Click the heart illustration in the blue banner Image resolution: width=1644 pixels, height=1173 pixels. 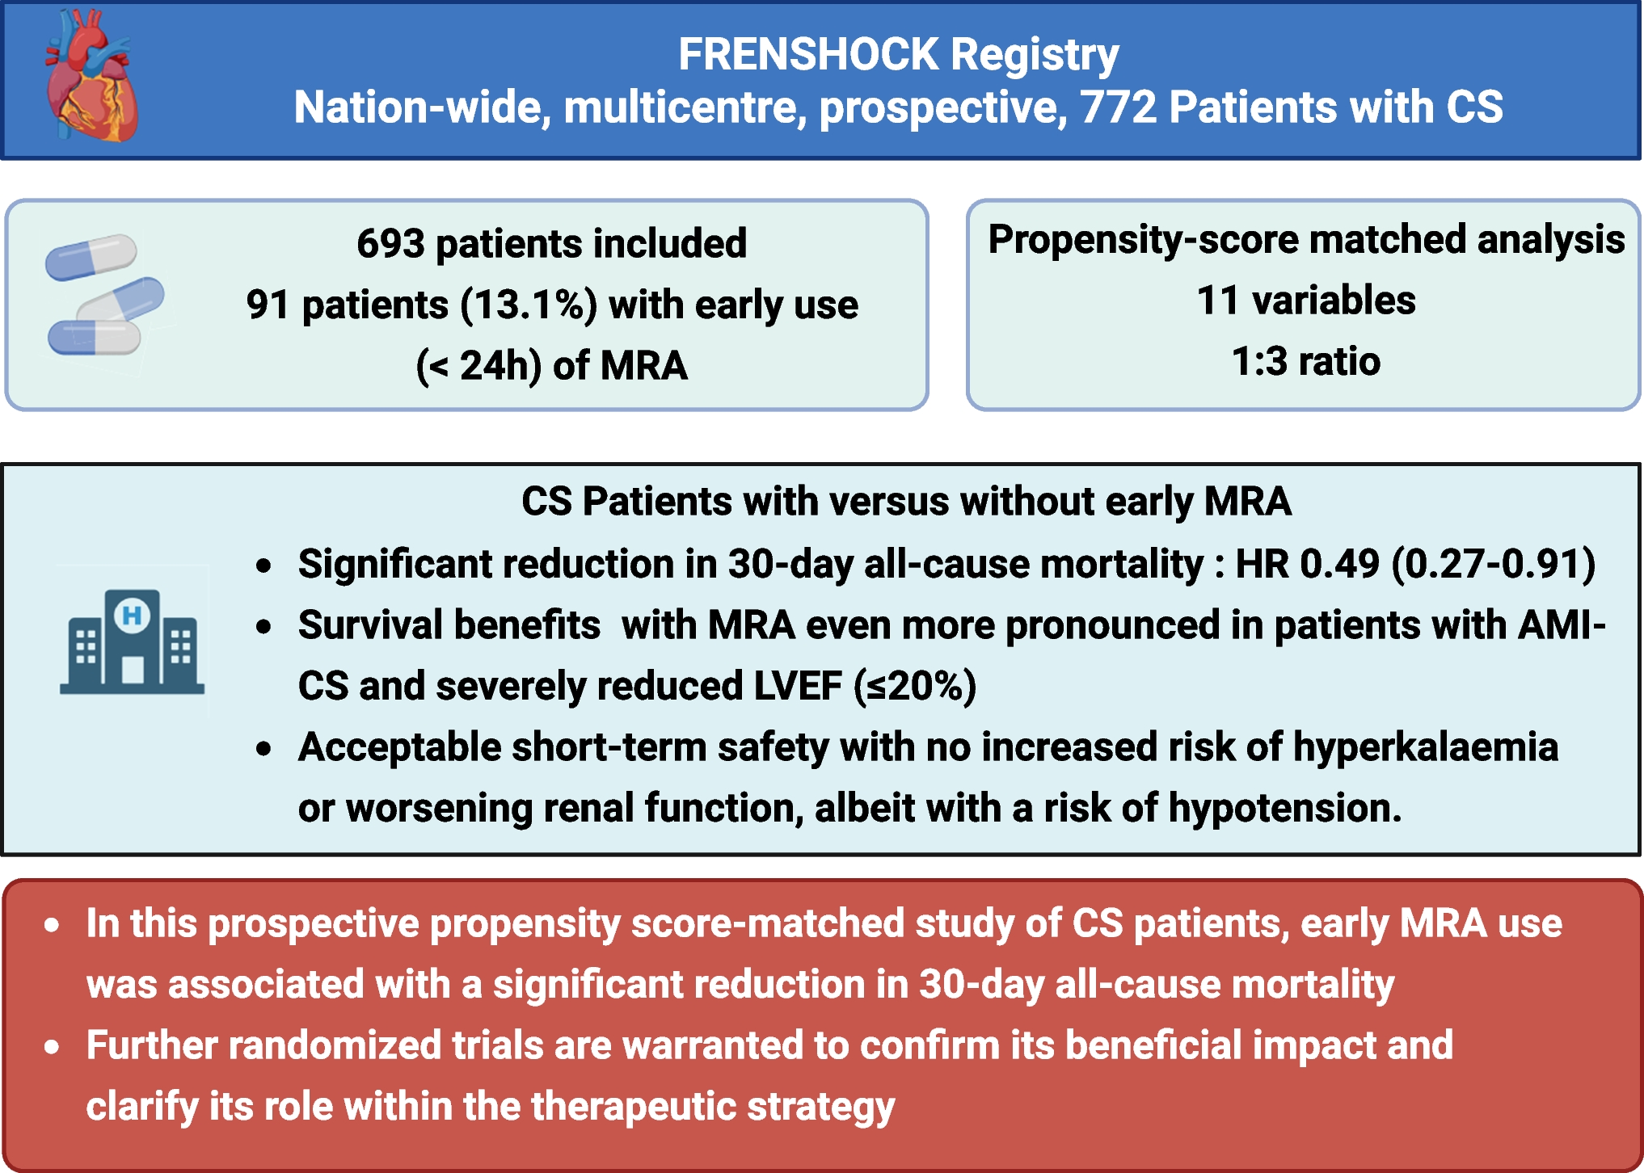91,77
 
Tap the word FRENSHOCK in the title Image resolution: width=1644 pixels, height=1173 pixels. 807,55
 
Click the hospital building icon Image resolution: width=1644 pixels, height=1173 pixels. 132,641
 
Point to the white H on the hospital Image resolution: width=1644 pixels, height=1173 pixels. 132,616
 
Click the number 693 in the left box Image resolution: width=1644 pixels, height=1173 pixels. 390,243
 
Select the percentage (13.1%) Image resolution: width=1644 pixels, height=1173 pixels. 529,305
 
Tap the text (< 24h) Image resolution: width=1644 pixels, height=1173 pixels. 478,366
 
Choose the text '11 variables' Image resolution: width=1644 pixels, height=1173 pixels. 1305,301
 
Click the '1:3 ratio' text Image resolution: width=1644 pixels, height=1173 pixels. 1305,361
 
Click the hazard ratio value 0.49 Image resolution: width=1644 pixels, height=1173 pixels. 1339,564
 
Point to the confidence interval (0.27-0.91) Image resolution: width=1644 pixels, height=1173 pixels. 1493,564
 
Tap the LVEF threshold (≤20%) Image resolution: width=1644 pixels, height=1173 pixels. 915,687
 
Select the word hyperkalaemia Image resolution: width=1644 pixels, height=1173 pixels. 1425,747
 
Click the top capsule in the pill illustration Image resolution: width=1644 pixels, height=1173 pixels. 91,257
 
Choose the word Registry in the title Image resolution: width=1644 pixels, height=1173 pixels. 1035,55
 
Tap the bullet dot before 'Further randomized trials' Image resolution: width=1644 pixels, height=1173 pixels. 53,1047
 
